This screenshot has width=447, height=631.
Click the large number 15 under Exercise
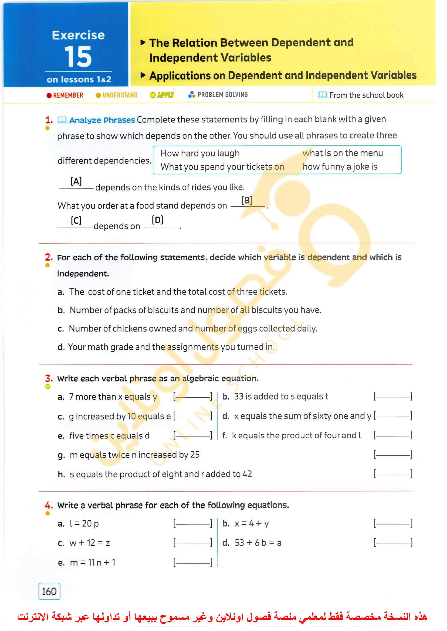point(78,56)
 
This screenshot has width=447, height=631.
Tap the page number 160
point(49,591)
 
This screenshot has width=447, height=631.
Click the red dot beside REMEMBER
point(49,95)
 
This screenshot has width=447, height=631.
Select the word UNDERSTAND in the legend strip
point(120,95)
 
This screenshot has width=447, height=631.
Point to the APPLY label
point(165,95)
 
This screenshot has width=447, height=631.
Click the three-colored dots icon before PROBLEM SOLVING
point(192,95)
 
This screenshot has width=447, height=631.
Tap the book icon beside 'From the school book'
point(322,95)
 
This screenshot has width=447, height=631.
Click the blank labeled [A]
point(76,185)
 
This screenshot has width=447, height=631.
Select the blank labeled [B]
point(247,203)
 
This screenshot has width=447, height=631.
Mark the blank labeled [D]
point(158,223)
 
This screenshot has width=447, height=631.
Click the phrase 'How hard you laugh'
point(200,153)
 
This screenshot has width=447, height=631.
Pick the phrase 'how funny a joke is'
point(340,167)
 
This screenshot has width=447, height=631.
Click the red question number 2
point(49,257)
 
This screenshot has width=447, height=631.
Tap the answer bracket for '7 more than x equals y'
point(193,397)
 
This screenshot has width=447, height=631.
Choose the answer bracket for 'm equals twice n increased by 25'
point(393,454)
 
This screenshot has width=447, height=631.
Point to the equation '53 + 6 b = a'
point(258,543)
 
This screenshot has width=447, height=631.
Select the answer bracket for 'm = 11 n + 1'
point(193,562)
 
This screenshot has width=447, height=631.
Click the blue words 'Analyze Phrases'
point(102,120)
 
